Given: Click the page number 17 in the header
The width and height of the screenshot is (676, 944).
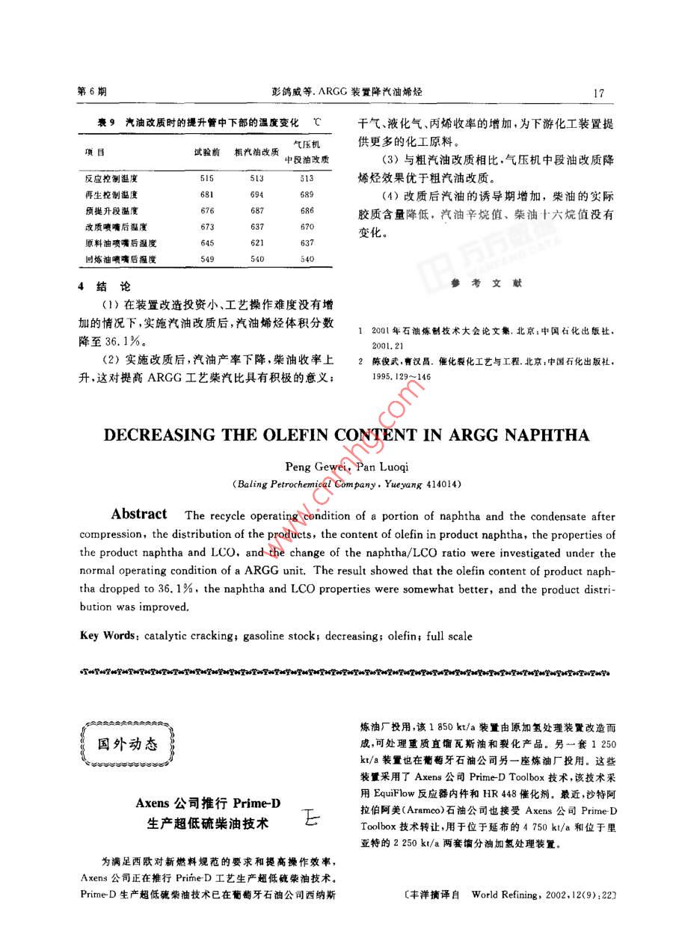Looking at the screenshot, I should pos(597,93).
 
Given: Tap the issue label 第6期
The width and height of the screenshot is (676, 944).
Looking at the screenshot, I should pos(92,92).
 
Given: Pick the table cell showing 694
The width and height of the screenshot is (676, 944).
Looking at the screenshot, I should pos(257,194).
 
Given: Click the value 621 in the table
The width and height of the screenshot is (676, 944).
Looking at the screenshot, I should pos(257,243).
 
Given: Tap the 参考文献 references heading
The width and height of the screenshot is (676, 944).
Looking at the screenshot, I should pos(485,283).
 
